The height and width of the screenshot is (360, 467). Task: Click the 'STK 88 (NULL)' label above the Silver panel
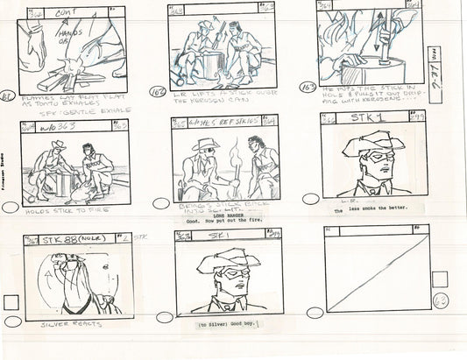(x=70, y=237)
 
